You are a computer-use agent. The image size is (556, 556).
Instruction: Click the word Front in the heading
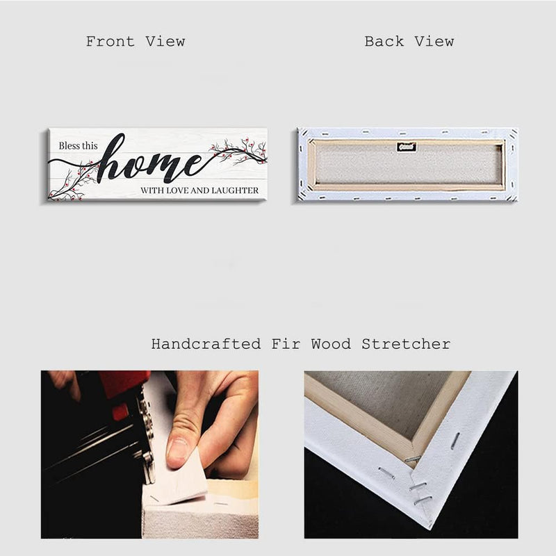pos(111,42)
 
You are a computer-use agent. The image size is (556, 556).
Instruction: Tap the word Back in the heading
pos(384,42)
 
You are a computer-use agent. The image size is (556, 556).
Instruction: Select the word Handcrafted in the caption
pos(206,344)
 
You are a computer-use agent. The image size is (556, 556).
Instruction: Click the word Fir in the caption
pos(286,344)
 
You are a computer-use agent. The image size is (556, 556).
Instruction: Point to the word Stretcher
pos(406,344)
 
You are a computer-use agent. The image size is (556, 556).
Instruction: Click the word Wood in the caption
pos(332,344)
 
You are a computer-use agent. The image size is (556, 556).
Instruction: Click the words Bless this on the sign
pos(78,146)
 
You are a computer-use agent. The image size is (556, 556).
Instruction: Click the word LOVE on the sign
pos(177,190)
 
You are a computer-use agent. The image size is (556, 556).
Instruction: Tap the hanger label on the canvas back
pos(407,147)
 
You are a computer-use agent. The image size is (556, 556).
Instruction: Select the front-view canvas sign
pos(157,165)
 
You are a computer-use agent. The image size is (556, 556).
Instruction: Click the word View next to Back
pos(434,42)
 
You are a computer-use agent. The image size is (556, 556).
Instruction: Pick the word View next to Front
pos(165,42)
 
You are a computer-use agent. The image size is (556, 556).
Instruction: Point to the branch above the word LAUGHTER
pos(238,150)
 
